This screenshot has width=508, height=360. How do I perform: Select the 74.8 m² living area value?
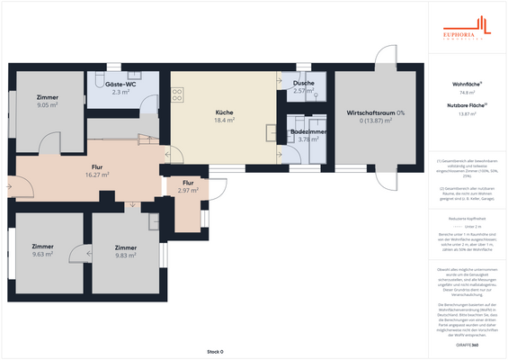click(467, 92)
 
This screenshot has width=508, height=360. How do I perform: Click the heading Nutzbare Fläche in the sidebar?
click(466, 104)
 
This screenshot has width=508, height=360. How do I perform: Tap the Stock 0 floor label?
click(215, 351)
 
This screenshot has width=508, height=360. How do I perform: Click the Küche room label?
click(225, 112)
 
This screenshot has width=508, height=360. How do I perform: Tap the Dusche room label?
click(303, 84)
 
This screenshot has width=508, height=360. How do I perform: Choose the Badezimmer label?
click(307, 131)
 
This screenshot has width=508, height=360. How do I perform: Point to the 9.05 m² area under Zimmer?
click(47, 104)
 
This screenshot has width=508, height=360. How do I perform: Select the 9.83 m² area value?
click(126, 255)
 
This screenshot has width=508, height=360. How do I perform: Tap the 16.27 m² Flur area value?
click(97, 175)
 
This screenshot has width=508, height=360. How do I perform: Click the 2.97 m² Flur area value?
click(188, 191)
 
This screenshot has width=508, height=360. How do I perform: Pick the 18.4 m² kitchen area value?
click(225, 120)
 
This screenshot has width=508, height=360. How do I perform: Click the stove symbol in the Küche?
click(177, 93)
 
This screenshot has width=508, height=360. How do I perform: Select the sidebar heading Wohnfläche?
click(466, 83)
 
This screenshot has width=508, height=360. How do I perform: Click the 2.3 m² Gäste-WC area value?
click(120, 92)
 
